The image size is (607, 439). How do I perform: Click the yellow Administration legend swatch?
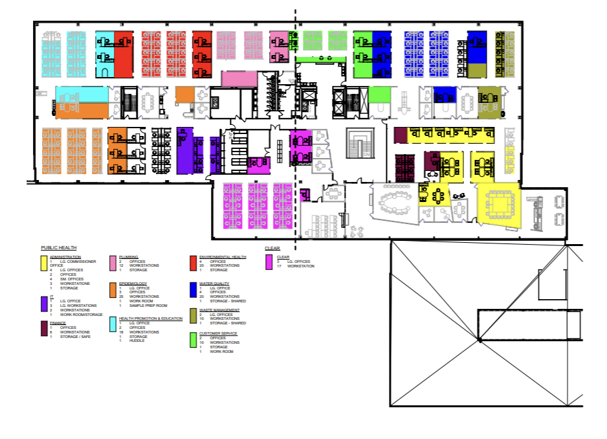coord(44,262)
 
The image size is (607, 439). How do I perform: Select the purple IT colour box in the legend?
coord(44,302)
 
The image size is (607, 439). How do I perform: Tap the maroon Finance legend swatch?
coord(44,328)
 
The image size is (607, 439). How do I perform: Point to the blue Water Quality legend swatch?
coord(193,289)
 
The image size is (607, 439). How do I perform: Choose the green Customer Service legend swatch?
coord(193,339)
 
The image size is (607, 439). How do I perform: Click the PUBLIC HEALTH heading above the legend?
coord(59,247)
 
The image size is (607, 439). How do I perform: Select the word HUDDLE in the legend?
coord(136,341)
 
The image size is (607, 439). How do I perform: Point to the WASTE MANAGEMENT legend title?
coord(219,310)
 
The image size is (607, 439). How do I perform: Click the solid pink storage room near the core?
coord(239,78)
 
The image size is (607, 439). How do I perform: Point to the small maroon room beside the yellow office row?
coord(399,135)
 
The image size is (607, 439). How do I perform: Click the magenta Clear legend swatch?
coord(269,262)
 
